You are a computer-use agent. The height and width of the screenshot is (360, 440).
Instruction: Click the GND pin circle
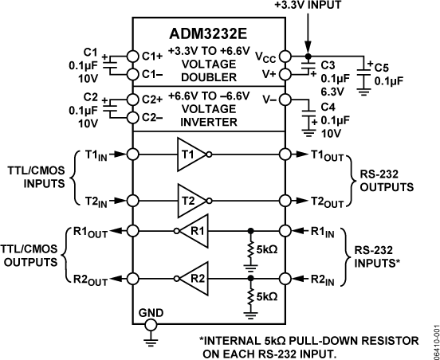coord(149,325)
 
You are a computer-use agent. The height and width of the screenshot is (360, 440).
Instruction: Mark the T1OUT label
coord(322,155)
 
